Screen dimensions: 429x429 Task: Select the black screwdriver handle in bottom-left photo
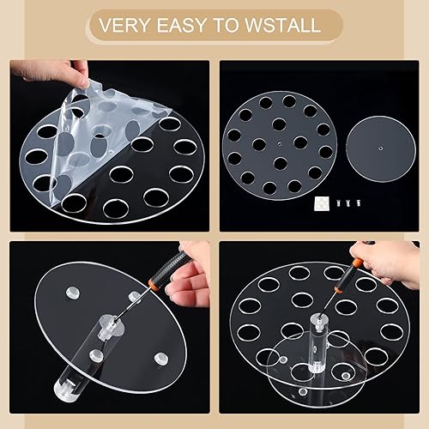[176, 264]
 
